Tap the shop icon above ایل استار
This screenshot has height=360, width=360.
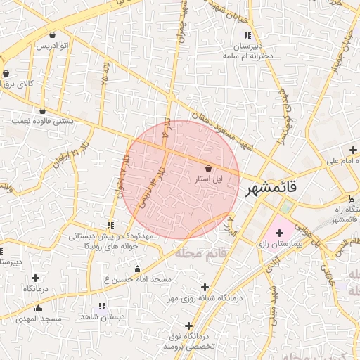[208, 168]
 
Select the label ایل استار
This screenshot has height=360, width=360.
[209, 180]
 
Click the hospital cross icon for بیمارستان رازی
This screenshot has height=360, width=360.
[279, 233]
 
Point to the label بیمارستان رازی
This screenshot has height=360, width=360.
[277, 245]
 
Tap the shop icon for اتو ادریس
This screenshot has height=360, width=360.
[53, 34]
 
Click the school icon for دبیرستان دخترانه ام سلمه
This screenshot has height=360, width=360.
[246, 35]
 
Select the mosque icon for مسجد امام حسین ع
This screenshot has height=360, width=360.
[136, 269]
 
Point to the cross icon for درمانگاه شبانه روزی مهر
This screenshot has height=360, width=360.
[205, 287]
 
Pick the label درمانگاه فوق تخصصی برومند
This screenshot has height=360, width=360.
[189, 342]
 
